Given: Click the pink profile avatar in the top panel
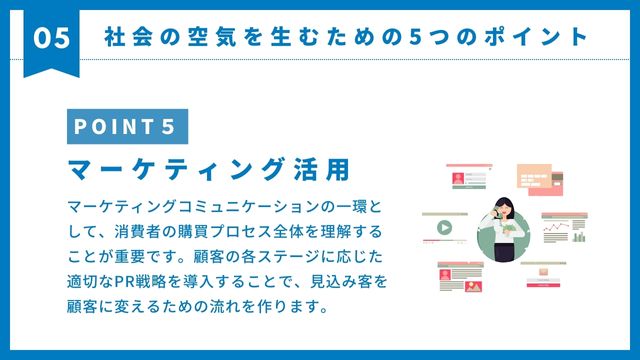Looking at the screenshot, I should [x=458, y=178].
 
